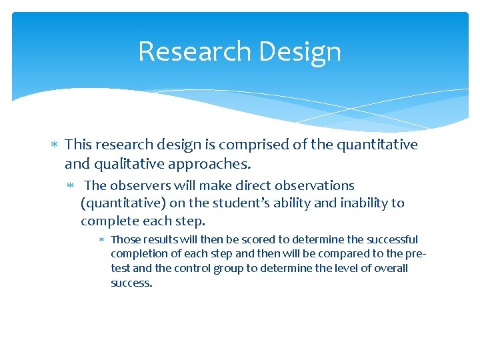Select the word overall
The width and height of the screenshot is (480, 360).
[x=387, y=269]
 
